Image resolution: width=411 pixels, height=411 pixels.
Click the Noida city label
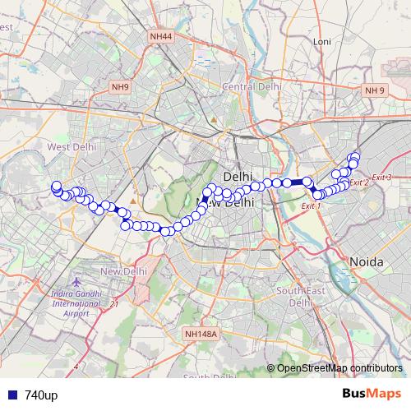(367, 261)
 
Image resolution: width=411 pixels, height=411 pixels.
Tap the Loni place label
(321, 41)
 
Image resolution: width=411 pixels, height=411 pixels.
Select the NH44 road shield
(161, 35)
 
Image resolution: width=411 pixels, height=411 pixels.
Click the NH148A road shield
(200, 334)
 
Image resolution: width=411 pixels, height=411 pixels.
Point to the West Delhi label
(72, 146)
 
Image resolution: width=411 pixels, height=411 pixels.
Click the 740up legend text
(41, 395)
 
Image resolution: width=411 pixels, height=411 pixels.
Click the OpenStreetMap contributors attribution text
(339, 368)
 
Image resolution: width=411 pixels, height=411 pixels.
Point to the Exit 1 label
(311, 205)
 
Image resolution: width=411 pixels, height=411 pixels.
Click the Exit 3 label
(381, 178)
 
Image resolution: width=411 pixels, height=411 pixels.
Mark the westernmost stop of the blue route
(56, 187)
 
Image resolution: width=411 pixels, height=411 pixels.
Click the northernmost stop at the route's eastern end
(355, 156)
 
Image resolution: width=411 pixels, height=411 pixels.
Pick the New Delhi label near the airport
(123, 271)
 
